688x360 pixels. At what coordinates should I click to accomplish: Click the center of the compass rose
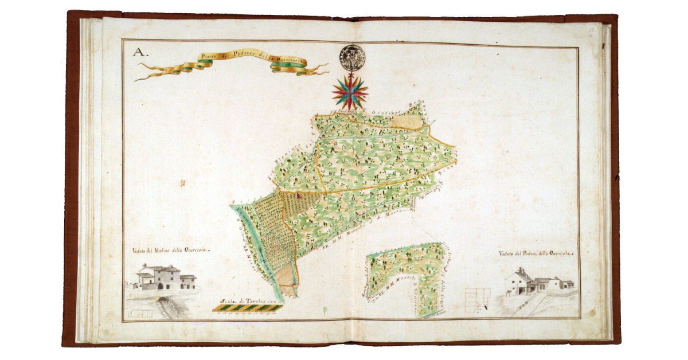tap(350, 92)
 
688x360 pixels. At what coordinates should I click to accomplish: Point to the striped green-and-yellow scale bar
tap(247, 308)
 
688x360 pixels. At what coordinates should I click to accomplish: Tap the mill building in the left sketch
tap(162, 278)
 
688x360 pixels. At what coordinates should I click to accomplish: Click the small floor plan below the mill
tap(141, 314)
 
